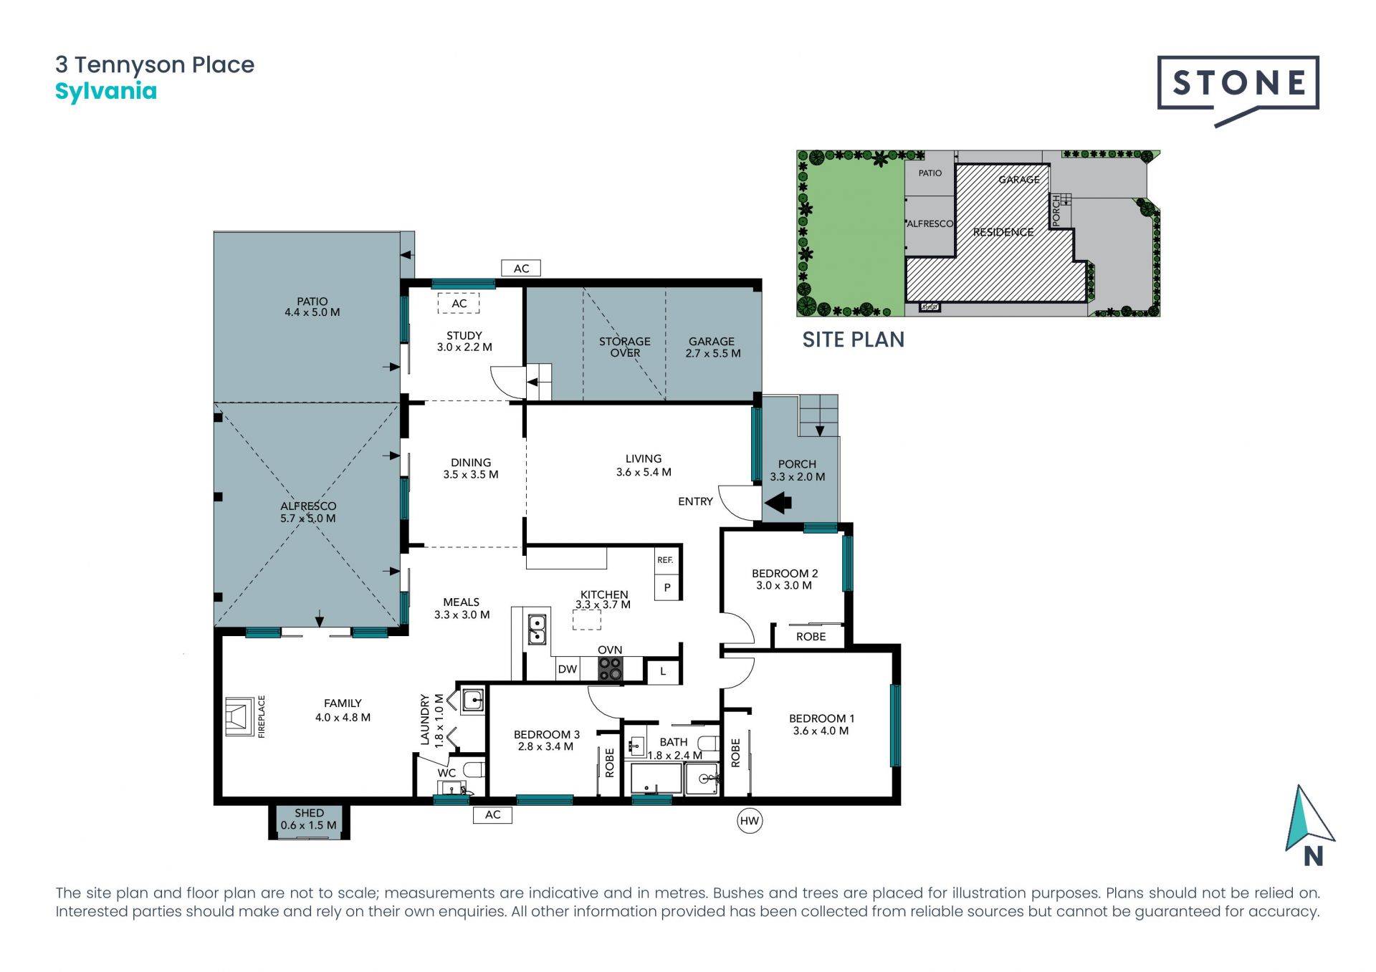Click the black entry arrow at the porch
(778, 502)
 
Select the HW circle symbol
(750, 821)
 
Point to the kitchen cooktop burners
(611, 669)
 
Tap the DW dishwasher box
(567, 669)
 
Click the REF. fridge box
(665, 560)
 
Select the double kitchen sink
(537, 629)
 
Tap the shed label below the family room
(309, 819)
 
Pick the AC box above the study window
(521, 269)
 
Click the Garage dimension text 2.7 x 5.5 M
(713, 353)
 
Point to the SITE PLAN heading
(853, 340)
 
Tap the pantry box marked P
(666, 587)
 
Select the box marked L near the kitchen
(663, 672)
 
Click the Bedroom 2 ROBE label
(811, 637)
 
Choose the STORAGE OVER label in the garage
(625, 347)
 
